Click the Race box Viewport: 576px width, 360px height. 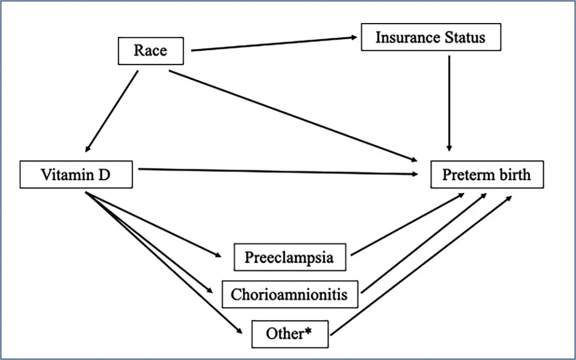coord(150,51)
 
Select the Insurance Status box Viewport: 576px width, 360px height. coord(431,37)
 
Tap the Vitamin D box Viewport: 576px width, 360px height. coord(76,175)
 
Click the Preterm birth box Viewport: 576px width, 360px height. coord(487,175)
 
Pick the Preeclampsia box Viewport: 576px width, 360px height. coord(290,257)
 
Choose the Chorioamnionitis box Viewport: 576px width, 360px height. coord(290,294)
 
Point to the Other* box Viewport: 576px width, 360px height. coord(290,334)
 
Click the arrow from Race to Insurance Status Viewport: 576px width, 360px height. coord(274,44)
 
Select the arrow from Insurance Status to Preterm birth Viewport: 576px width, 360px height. coord(449,103)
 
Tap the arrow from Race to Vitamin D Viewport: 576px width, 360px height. coord(112,111)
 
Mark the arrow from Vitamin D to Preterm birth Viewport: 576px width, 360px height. coord(278,172)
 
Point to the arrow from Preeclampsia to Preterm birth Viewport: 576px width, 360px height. coord(408,225)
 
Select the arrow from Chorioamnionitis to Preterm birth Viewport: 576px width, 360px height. coord(424,243)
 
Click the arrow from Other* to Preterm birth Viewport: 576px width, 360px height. coord(421,265)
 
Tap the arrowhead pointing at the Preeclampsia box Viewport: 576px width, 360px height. coord(218,255)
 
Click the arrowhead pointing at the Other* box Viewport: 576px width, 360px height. coord(239,331)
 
